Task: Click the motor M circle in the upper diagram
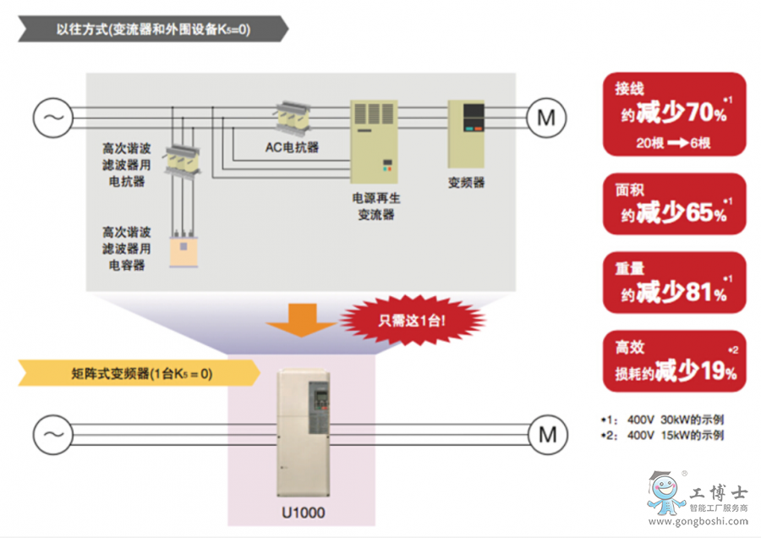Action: click(547, 117)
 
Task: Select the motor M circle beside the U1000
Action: click(547, 435)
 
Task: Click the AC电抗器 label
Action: click(292, 146)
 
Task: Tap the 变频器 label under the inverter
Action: click(467, 182)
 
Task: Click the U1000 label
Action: click(303, 512)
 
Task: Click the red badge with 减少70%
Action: click(674, 113)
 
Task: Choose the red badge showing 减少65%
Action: click(674, 204)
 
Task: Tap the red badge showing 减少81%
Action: click(674, 283)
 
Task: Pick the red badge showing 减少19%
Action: click(674, 361)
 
